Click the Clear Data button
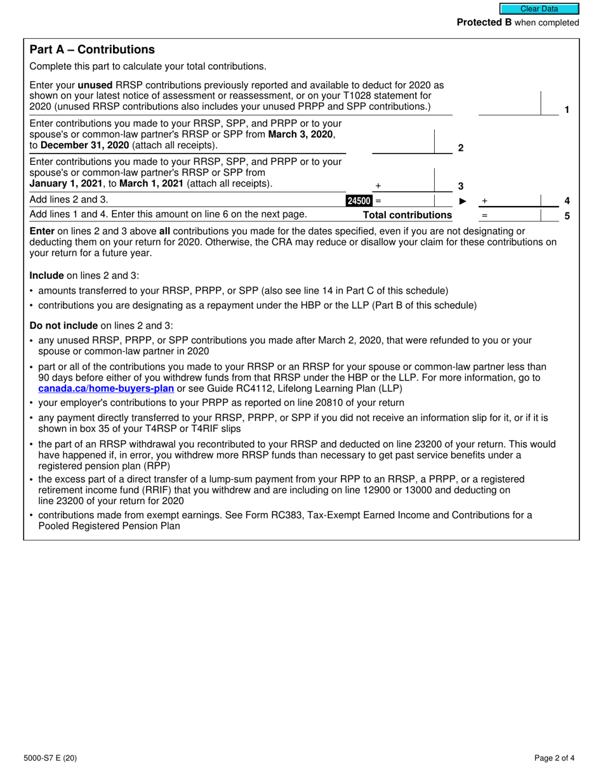[x=539, y=9]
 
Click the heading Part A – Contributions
[x=92, y=49]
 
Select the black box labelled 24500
[x=359, y=201]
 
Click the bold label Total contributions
[x=407, y=215]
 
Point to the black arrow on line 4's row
[x=463, y=201]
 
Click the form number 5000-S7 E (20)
[x=53, y=757]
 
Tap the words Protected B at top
[x=484, y=23]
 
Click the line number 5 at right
[x=567, y=216]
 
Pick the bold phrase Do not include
[x=63, y=325]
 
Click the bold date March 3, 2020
[x=301, y=134]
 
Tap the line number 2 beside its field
[x=461, y=148]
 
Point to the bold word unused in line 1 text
[x=95, y=84]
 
